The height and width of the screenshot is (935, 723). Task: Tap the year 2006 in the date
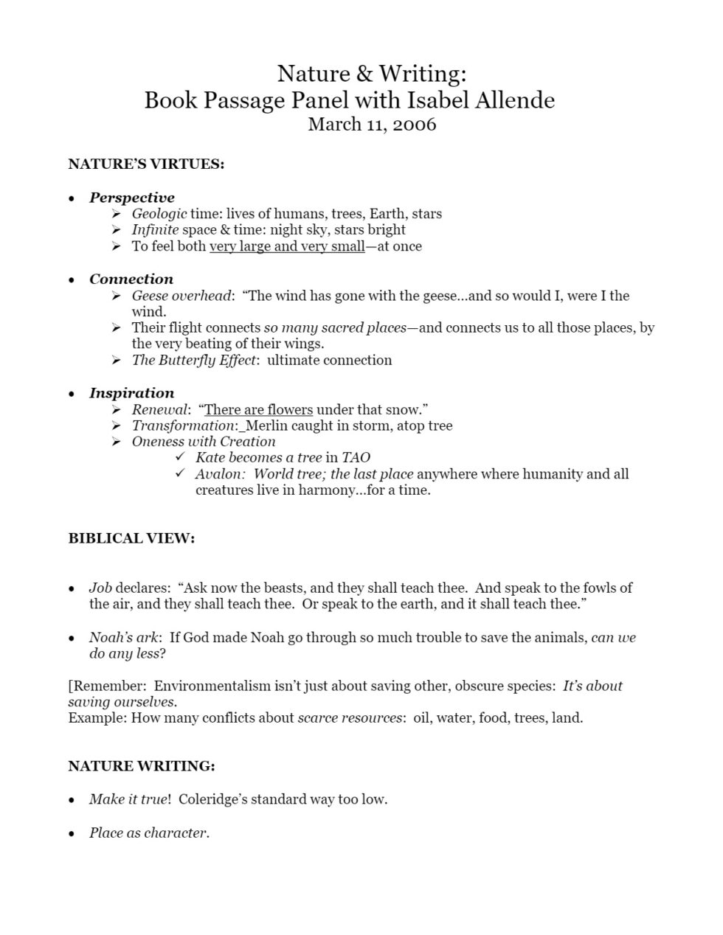[x=414, y=123]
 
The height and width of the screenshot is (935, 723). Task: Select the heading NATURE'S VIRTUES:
[x=146, y=164]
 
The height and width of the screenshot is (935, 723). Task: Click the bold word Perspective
[x=132, y=198]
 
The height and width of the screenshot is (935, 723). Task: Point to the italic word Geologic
[x=159, y=214]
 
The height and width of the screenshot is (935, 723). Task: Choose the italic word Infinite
[x=155, y=229]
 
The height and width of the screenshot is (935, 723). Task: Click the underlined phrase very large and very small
[x=287, y=246]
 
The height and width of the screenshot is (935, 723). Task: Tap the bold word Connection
[x=131, y=279]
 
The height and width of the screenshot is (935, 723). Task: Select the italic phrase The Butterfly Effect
[x=194, y=360]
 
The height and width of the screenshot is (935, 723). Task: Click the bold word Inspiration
[x=132, y=393]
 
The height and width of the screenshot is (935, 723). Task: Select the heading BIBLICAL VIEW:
[x=131, y=538]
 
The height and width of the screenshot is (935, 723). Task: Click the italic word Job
[x=100, y=588]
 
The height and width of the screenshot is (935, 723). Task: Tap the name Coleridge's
[x=212, y=799]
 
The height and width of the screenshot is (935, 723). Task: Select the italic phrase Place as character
[x=148, y=833]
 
